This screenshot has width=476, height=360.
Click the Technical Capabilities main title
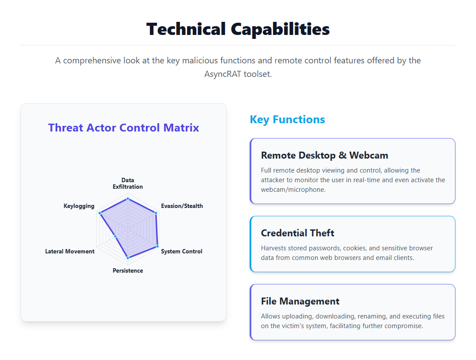coord(238,29)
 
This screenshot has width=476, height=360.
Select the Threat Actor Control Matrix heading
coord(124,128)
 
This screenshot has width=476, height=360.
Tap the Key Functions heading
coord(287,120)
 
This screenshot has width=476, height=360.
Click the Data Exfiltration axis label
coord(128,183)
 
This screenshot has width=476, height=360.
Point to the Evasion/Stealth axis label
coord(182,206)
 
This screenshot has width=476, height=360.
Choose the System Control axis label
coord(181,251)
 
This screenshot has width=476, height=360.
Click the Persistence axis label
coord(128,270)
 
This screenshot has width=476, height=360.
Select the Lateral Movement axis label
coord(70,251)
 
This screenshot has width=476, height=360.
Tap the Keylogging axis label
coord(79,206)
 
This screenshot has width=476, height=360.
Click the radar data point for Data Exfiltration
coord(128,199)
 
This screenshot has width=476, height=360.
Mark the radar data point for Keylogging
coord(100,213)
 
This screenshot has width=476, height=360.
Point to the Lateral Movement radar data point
coord(115,236)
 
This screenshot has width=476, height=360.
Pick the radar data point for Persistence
coord(128,258)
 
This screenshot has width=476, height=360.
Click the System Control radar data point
coord(157,246)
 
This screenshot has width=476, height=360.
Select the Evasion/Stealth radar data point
coord(156,213)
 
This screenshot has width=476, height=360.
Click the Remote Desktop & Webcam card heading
coord(324,156)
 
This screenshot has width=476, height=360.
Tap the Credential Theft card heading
coord(298,233)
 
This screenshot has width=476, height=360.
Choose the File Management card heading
coord(300,301)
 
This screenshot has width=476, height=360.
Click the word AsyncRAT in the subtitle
coord(222,74)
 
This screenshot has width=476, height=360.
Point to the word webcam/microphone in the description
coord(293,190)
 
